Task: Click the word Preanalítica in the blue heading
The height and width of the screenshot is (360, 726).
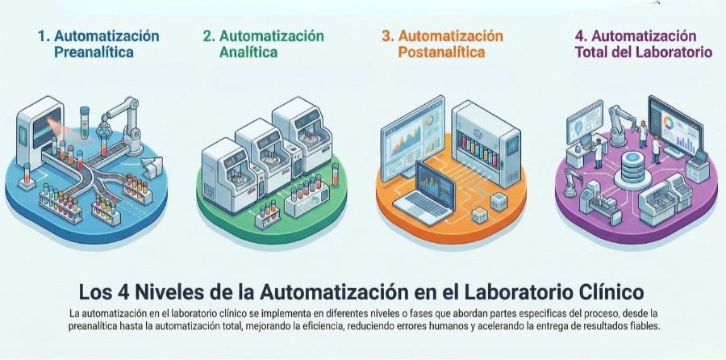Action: click(x=94, y=52)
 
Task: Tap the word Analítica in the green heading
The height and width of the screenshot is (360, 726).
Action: click(x=248, y=52)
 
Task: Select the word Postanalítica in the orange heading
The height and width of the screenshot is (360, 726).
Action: click(x=441, y=52)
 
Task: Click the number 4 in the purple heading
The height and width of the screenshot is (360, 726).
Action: click(x=580, y=36)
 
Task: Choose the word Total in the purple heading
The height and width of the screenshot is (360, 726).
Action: click(x=592, y=52)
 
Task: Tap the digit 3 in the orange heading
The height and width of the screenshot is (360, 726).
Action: click(x=387, y=36)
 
